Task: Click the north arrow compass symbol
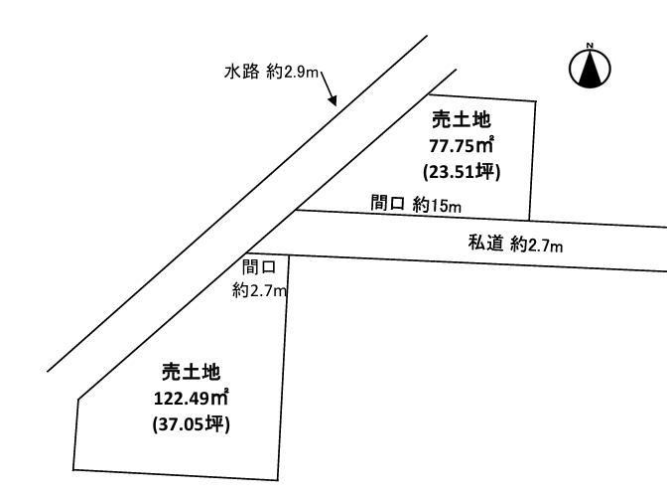[x=590, y=69]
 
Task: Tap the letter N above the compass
[x=590, y=45]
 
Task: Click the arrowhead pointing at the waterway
[x=333, y=99]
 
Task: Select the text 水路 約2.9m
[x=271, y=72]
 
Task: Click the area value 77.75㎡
[x=462, y=146]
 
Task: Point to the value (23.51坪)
[x=462, y=172]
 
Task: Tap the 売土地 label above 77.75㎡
[x=462, y=119]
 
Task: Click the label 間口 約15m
[x=416, y=204]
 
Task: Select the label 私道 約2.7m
[x=515, y=244]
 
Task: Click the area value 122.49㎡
[x=192, y=398]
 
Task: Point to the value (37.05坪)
[x=191, y=424]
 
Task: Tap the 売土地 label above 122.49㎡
[x=191, y=372]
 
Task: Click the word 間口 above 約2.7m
[x=259, y=267]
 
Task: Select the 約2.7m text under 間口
[x=259, y=290]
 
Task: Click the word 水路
[x=241, y=72]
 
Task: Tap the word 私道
[x=485, y=243]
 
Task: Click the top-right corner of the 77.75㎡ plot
[x=536, y=101]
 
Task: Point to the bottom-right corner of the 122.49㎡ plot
[x=278, y=480]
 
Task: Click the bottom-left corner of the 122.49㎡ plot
[x=73, y=470]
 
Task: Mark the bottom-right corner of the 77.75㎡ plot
[x=529, y=220]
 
